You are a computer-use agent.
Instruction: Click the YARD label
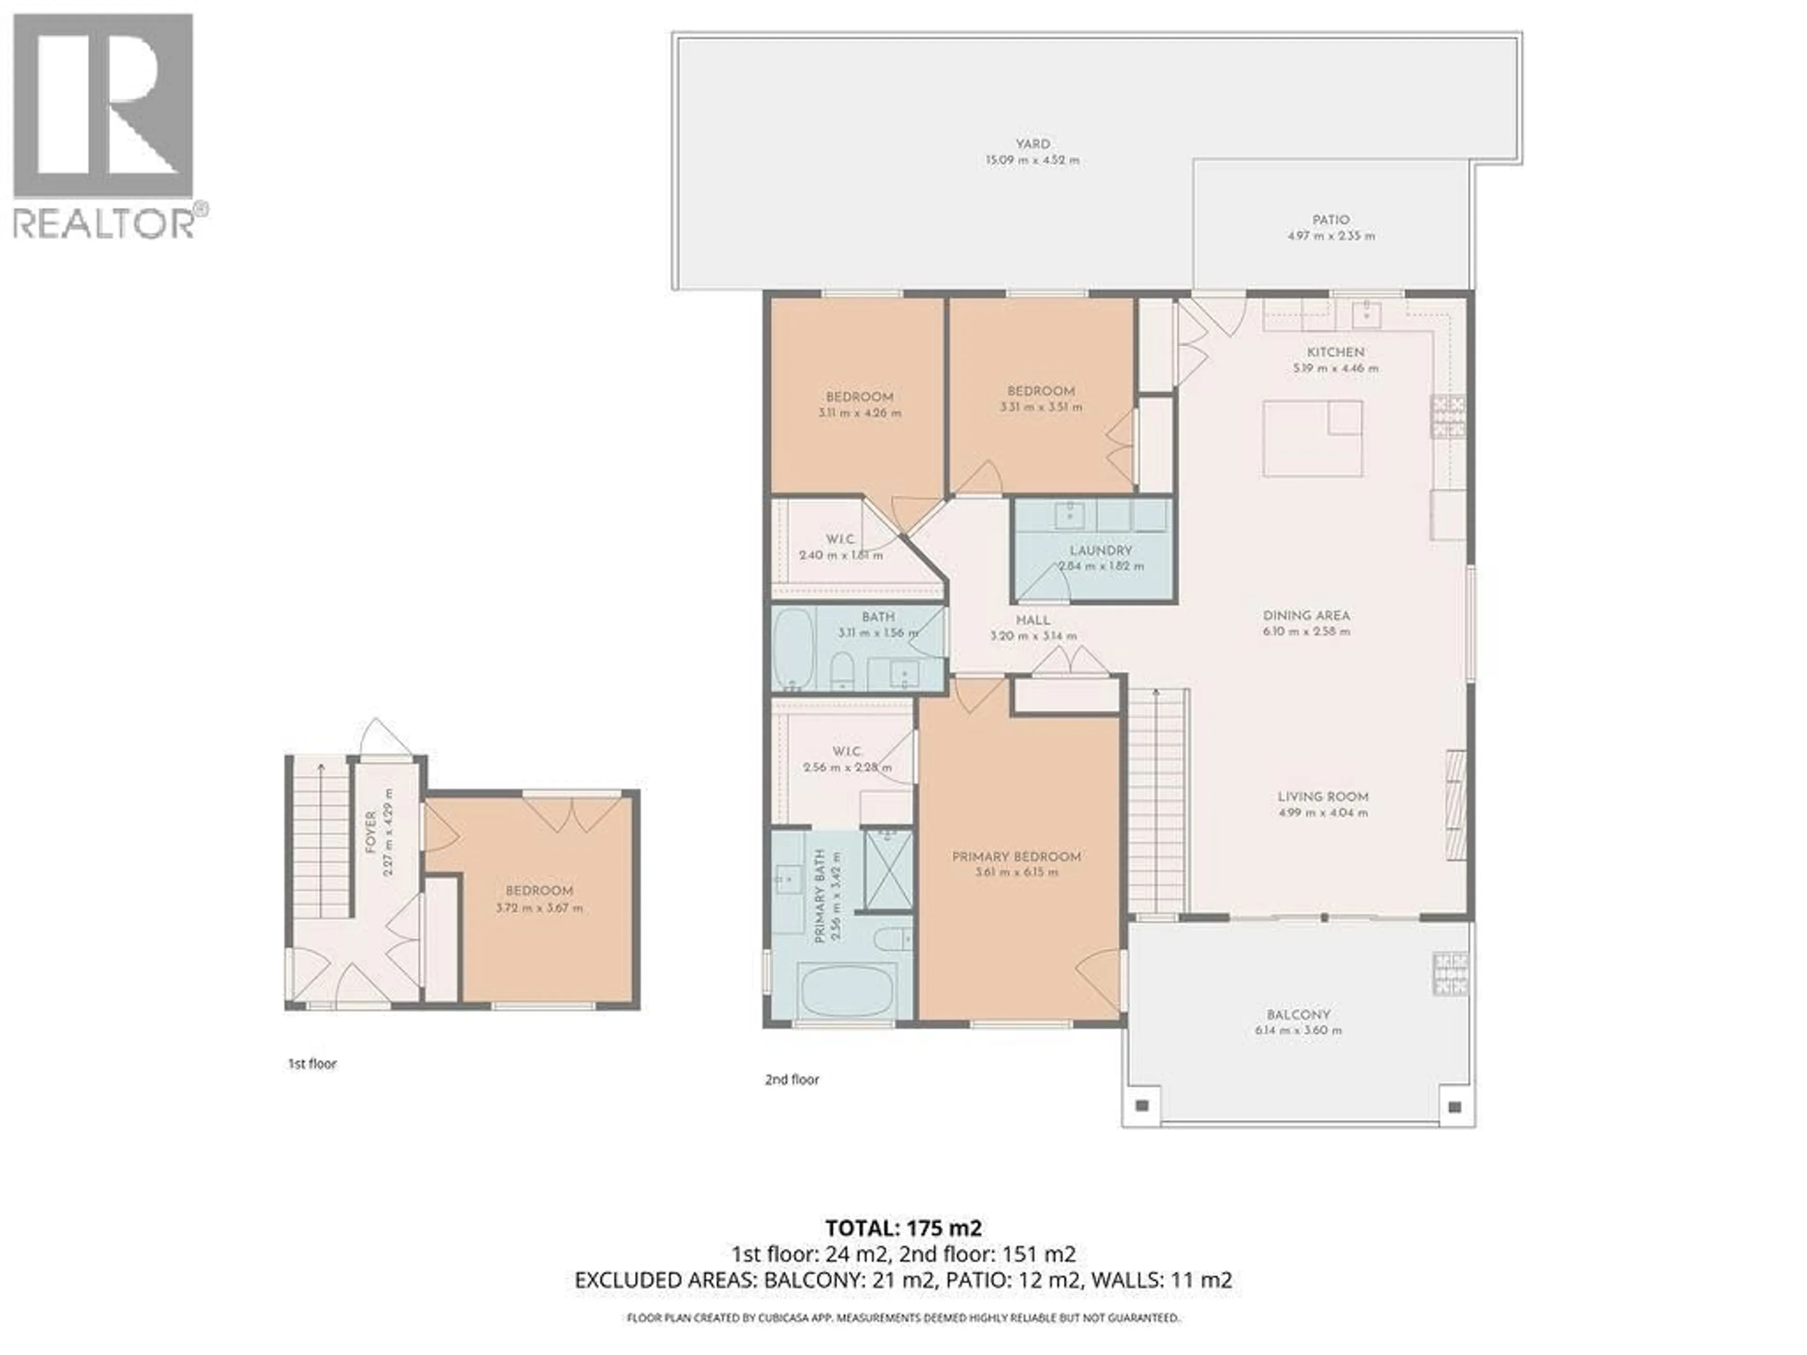tap(1032, 144)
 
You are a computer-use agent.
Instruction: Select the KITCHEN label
tap(1335, 352)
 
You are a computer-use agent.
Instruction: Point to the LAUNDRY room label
tap(1100, 550)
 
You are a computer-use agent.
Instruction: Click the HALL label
tap(1032, 620)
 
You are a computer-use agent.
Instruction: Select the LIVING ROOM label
tap(1323, 797)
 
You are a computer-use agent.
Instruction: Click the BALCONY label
tap(1298, 1014)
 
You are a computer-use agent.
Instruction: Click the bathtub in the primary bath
tap(849, 991)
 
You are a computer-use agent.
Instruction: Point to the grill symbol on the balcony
tap(1450, 973)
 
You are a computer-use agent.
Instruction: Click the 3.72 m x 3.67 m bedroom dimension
tap(539, 908)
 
